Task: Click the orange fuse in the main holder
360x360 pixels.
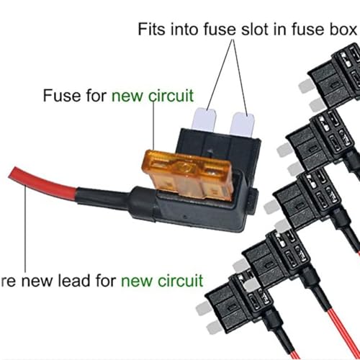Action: (189, 175)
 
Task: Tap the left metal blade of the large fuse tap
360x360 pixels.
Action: (204, 120)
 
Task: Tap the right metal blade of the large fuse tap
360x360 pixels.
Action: (242, 125)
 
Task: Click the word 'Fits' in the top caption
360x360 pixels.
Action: (152, 30)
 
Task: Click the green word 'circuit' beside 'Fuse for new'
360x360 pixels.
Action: (171, 96)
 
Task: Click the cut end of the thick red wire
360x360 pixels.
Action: (12, 172)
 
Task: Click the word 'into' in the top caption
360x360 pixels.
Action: (184, 30)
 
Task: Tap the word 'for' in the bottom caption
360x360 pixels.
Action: (106, 281)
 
